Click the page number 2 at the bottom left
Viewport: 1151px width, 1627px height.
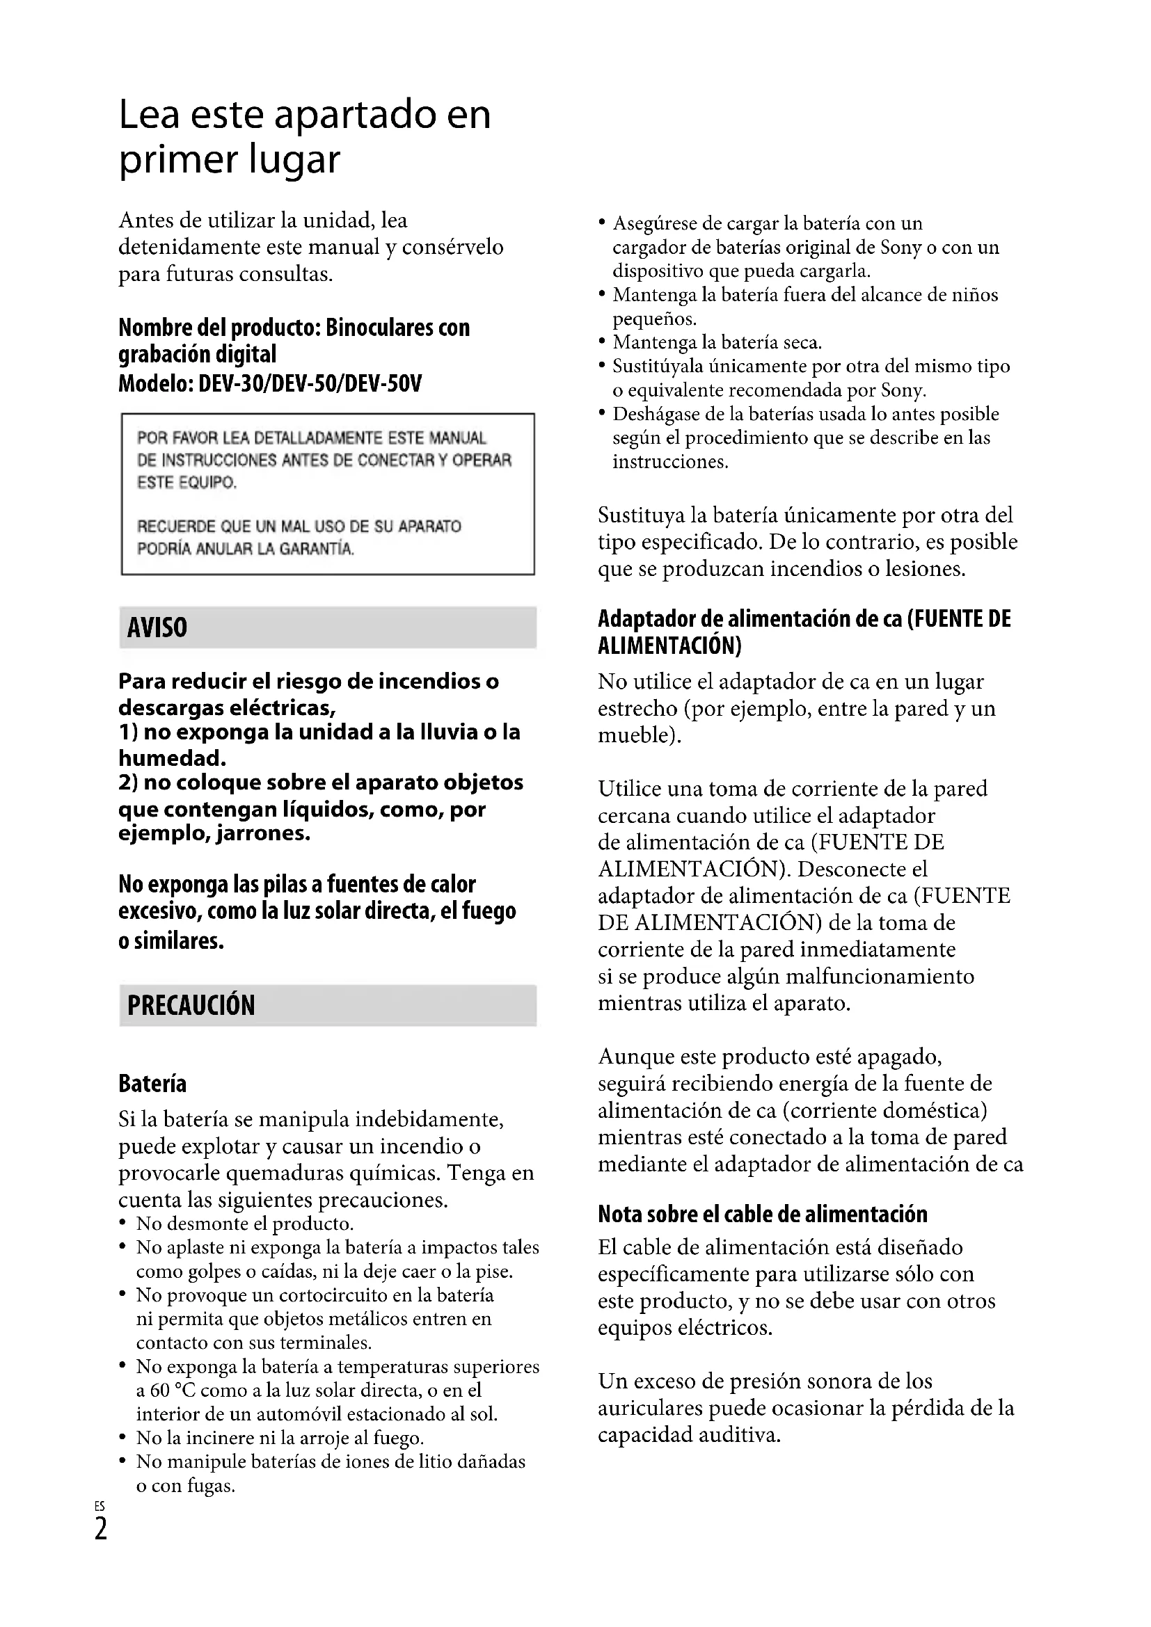click(102, 1529)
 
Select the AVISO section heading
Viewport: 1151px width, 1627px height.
click(157, 628)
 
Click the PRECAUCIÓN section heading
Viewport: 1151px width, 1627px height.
click(191, 1005)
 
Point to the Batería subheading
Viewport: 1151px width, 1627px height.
click(152, 1084)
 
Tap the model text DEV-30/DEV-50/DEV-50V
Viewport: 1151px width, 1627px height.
click(310, 384)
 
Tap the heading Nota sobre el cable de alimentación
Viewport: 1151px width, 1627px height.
click(763, 1214)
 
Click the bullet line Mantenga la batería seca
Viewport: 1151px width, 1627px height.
click(717, 343)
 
